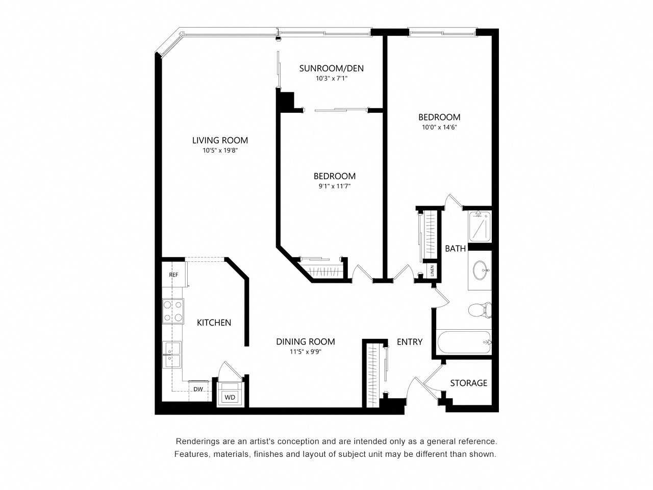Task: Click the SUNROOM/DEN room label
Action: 331,68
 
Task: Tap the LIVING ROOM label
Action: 220,140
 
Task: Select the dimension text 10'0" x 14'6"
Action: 439,127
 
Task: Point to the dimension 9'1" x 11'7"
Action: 334,186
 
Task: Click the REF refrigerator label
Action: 173,275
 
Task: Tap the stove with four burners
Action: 173,311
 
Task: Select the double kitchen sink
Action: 171,354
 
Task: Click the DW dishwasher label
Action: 198,389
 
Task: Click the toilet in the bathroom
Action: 480,310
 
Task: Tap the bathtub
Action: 464,342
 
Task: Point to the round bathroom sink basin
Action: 480,271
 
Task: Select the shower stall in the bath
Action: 480,227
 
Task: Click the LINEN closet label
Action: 432,271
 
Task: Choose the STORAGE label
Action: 468,383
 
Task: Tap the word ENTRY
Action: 410,342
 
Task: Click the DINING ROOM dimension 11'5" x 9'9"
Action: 306,352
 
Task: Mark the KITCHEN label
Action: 214,323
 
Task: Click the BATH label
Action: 455,249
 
